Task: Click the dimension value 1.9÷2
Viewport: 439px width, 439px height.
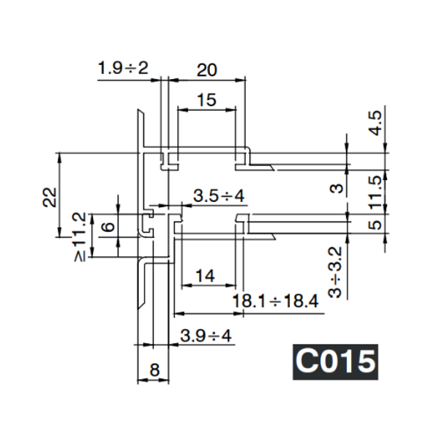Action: (x=122, y=69)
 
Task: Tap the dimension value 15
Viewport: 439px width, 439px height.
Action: (x=207, y=100)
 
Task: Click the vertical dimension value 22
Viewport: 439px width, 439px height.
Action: (x=48, y=196)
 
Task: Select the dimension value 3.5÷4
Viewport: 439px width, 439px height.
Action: (x=218, y=196)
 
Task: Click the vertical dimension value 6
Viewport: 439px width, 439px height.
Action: (x=107, y=227)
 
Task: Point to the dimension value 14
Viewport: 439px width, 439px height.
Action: (x=206, y=276)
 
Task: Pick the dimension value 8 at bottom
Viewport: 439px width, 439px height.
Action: (x=154, y=370)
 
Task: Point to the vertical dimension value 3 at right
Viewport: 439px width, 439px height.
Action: (x=336, y=188)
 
